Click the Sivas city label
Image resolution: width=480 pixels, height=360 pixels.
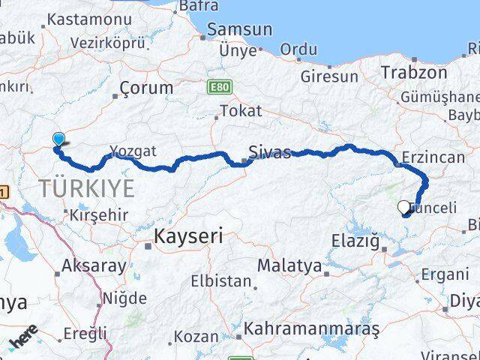(x=271, y=152)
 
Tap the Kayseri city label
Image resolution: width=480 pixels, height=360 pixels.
(x=188, y=237)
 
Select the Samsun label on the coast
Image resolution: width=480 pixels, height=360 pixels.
(x=239, y=29)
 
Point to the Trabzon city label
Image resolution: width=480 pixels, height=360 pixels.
(x=413, y=73)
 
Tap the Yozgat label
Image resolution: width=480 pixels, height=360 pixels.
(x=133, y=151)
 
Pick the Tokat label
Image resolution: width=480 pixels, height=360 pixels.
(x=242, y=111)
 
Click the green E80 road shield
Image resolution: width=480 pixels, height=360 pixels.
(x=218, y=87)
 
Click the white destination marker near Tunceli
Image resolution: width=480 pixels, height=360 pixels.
(x=404, y=207)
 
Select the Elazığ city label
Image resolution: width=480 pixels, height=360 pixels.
(x=355, y=241)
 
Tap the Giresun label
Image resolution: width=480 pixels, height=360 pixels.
(x=329, y=76)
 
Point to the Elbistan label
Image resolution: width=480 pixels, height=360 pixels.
(x=221, y=281)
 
